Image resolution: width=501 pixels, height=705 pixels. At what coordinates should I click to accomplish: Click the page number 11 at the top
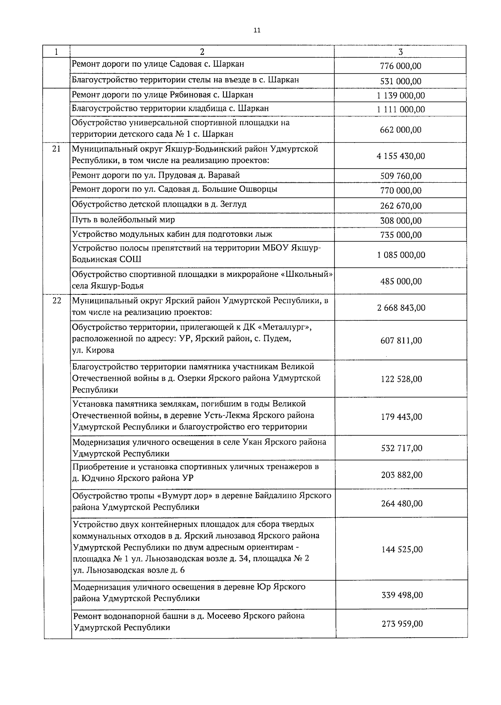(257, 30)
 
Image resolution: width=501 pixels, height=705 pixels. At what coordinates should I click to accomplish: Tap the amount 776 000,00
(400, 66)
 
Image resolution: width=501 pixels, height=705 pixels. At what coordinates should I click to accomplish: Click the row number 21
(57, 149)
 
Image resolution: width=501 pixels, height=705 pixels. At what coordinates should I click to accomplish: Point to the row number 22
(57, 301)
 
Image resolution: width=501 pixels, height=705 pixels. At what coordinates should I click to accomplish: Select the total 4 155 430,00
(400, 156)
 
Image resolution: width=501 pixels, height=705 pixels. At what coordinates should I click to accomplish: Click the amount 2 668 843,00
(400, 308)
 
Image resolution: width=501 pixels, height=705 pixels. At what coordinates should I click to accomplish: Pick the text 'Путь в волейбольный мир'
(123, 220)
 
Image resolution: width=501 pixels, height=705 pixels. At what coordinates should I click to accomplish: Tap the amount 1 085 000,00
(400, 255)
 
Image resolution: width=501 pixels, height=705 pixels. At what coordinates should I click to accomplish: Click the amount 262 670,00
(400, 206)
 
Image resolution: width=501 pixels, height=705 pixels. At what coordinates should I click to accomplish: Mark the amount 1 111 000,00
(400, 110)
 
